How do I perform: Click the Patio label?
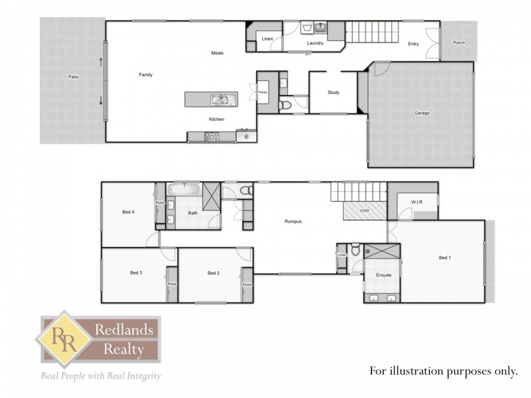click(74, 77)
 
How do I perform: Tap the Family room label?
click(145, 75)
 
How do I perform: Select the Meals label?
click(217, 53)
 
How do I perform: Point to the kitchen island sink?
click(220, 100)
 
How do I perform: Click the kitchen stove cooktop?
click(212, 137)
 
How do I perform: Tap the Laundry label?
click(315, 44)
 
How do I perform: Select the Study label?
click(333, 92)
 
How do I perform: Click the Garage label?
click(421, 113)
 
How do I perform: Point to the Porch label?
click(459, 43)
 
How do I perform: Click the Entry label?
click(414, 44)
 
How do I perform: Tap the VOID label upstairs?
click(364, 211)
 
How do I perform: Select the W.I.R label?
click(417, 202)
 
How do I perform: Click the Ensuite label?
click(384, 275)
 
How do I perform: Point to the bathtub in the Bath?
click(184, 189)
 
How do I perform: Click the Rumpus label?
click(293, 222)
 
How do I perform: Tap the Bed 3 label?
click(136, 273)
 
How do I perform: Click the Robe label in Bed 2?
click(247, 285)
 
